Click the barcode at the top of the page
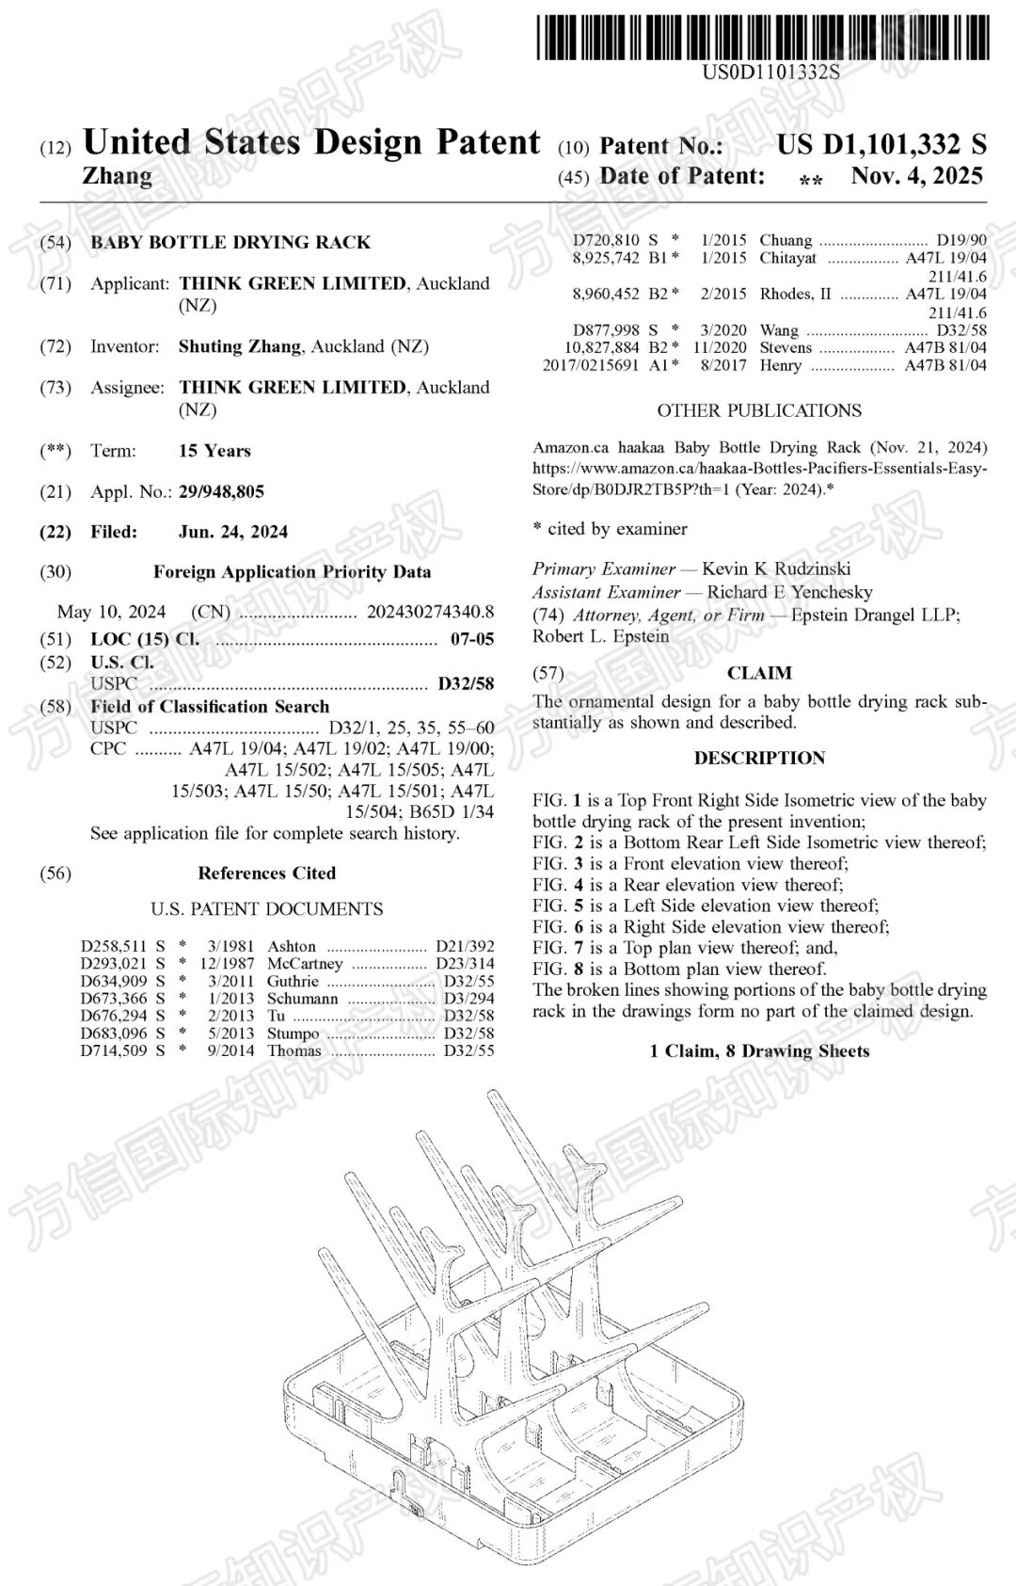763,38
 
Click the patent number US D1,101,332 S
881,144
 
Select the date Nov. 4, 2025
916,176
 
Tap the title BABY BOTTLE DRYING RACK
230,242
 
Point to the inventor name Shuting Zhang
240,346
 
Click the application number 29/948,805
221,491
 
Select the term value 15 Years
214,451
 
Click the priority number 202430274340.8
430,612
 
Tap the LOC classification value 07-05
472,639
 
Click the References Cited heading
266,873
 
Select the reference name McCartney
305,964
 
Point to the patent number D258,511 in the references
114,946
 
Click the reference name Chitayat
788,258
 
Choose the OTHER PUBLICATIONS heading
759,410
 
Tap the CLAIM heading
759,673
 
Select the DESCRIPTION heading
759,758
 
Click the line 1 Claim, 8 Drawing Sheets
759,1051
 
